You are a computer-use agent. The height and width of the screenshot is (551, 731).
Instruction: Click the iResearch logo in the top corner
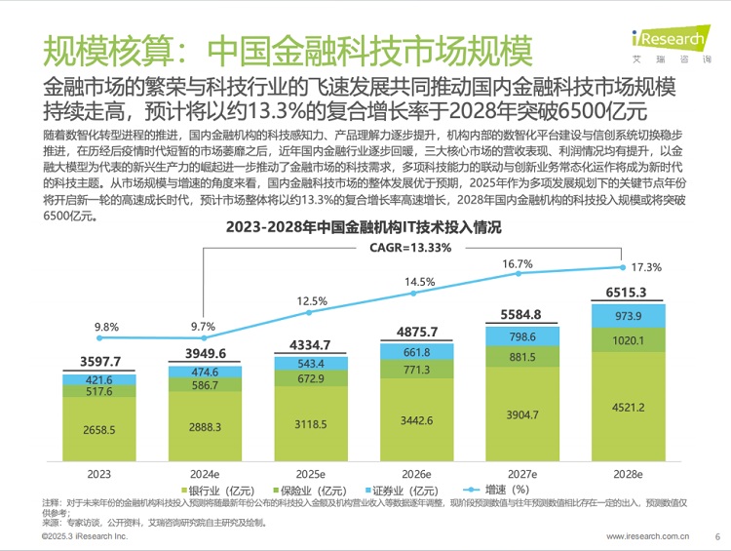coord(672,42)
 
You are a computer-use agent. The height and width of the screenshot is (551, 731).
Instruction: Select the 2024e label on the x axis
coord(204,473)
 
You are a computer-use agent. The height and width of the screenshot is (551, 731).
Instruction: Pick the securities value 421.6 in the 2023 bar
coord(98,380)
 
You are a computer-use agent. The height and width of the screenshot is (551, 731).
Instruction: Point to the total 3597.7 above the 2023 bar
coord(98,362)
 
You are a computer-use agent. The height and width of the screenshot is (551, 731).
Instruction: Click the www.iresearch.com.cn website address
coord(648,536)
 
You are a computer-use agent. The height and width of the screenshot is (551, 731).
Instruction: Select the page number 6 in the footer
coord(717,536)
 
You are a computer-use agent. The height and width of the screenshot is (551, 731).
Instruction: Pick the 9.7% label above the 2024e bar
coord(204,326)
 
